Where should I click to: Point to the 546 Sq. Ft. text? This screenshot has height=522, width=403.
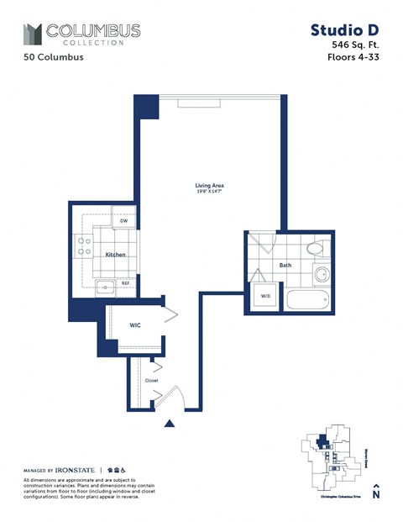coord(356,45)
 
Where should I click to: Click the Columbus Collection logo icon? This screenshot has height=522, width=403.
coord(32,34)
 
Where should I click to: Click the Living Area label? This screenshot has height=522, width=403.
coord(209,186)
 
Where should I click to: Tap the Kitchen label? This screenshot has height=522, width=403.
coord(116,253)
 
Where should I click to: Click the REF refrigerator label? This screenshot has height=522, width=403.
coord(125,283)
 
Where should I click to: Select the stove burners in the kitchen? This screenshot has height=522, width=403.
coord(85,246)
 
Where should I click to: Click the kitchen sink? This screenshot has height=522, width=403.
coord(104,287)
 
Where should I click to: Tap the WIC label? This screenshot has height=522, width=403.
coord(134,324)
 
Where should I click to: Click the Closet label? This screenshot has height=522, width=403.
coord(151,380)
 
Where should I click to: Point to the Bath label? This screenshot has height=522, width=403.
coord(285,266)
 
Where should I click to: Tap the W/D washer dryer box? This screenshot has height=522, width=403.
coord(266,296)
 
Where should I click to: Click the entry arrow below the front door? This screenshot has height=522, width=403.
coord(170,424)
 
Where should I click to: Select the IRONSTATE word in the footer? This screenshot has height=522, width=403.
coord(77,469)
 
